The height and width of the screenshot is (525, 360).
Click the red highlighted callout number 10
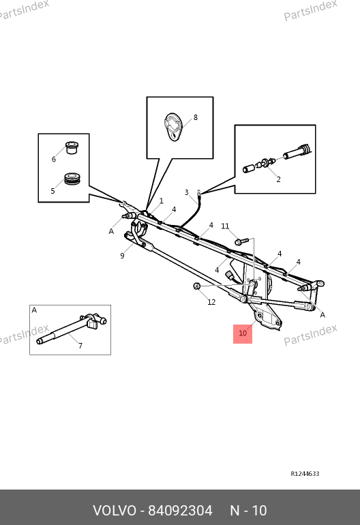pyautogui.click(x=243, y=333)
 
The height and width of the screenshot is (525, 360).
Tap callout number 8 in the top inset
pyautogui.click(x=196, y=117)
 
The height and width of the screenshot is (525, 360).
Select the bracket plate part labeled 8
pyautogui.click(x=173, y=127)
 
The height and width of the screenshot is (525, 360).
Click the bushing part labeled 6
pyautogui.click(x=72, y=148)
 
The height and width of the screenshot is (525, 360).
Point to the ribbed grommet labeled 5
pyautogui.click(x=72, y=179)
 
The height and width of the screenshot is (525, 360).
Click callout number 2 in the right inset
pyautogui.click(x=278, y=179)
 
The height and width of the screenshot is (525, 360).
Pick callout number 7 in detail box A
pyautogui.click(x=80, y=346)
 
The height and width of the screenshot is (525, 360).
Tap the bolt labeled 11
pyautogui.click(x=242, y=241)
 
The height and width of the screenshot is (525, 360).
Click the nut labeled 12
pyautogui.click(x=197, y=286)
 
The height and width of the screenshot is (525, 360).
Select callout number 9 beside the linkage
pyautogui.click(x=122, y=256)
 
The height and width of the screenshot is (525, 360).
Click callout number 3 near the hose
pyautogui.click(x=187, y=192)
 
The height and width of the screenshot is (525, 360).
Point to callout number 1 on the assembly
pyautogui.click(x=162, y=201)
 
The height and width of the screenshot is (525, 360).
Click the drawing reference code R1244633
pyautogui.click(x=305, y=474)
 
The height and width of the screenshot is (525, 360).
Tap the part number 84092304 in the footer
pyautogui.click(x=180, y=511)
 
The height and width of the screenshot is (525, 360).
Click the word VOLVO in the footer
pyautogui.click(x=115, y=511)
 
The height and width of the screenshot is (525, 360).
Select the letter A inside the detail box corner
pyautogui.click(x=34, y=310)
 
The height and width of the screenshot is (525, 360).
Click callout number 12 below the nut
pyautogui.click(x=211, y=302)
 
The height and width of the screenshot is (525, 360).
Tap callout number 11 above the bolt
pyautogui.click(x=225, y=226)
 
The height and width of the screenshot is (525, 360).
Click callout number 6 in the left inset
pyautogui.click(x=54, y=160)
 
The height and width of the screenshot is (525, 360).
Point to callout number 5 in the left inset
pyautogui.click(x=52, y=191)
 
